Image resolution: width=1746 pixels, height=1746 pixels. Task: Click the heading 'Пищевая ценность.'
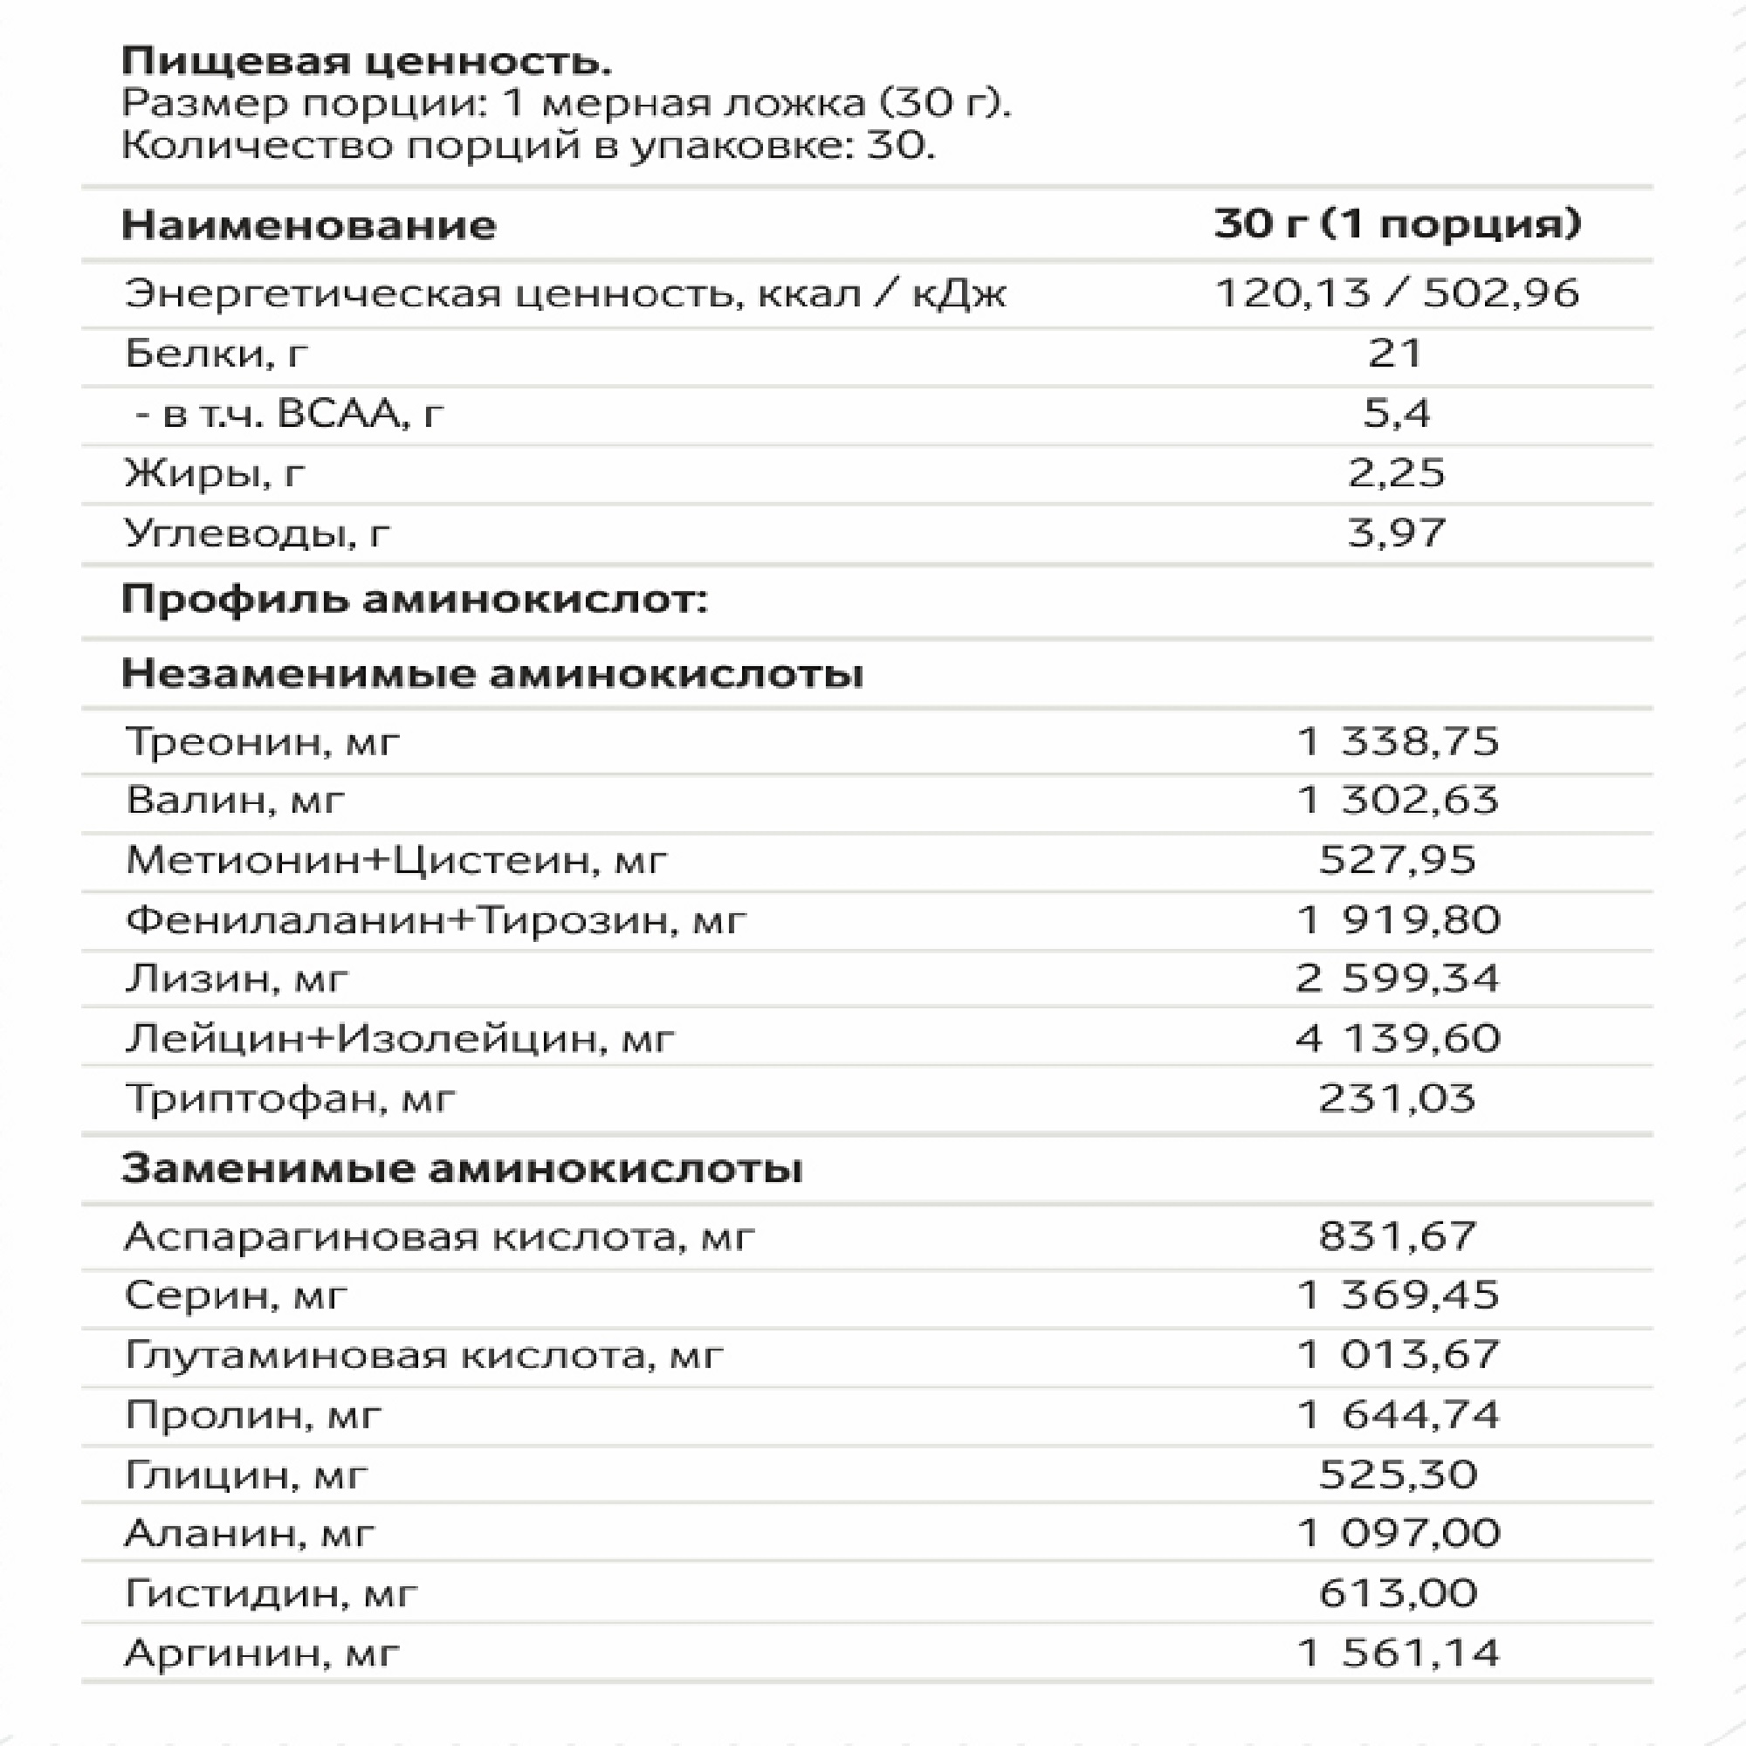click(x=366, y=61)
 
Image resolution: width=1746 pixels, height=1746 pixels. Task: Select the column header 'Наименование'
click(x=308, y=224)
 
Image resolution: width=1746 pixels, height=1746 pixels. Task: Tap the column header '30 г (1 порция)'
click(x=1396, y=223)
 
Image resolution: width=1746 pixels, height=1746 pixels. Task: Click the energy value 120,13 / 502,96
click(x=1396, y=292)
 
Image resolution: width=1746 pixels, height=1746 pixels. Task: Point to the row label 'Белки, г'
click(x=216, y=354)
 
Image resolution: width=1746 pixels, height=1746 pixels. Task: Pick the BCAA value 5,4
click(x=1396, y=413)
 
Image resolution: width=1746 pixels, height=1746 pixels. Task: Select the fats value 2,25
click(x=1396, y=472)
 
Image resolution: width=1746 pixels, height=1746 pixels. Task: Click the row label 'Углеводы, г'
click(x=257, y=533)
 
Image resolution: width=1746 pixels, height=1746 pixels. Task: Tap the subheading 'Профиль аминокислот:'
click(x=414, y=599)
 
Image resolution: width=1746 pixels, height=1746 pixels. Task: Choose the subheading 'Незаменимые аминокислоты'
click(x=492, y=673)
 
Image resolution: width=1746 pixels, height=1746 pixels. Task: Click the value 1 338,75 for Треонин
click(x=1397, y=741)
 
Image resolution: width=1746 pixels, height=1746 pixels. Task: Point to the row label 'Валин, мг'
click(x=235, y=800)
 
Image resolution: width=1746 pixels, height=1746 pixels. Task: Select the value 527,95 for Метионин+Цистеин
click(x=1397, y=859)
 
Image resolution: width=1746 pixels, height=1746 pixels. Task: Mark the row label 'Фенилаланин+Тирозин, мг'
click(x=436, y=920)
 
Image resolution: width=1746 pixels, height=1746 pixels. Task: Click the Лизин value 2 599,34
click(x=1397, y=978)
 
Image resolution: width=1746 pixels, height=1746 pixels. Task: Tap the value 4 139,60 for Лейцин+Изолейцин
click(x=1397, y=1037)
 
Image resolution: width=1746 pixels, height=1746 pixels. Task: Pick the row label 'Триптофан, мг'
click(x=290, y=1098)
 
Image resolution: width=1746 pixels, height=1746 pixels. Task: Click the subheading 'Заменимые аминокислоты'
click(x=462, y=1169)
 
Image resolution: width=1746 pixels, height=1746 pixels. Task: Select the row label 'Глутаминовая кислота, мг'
click(x=424, y=1355)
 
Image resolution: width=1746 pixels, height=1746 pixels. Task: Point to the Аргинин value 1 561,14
click(x=1397, y=1653)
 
